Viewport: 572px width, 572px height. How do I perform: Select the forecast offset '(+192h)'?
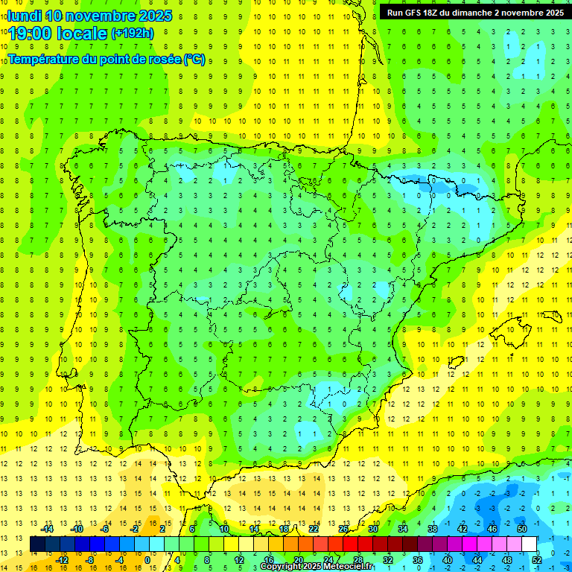click(x=132, y=34)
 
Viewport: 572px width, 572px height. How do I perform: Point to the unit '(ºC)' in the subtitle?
click(x=194, y=59)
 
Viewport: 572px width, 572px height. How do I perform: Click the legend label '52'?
click(x=537, y=559)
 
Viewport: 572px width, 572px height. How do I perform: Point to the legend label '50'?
click(x=521, y=529)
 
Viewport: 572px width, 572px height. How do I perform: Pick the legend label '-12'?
click(x=62, y=559)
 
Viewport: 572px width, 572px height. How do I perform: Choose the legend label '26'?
click(x=343, y=529)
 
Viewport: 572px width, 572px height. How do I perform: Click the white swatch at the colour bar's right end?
click(x=530, y=544)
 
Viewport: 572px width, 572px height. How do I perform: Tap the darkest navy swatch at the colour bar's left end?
click(x=38, y=544)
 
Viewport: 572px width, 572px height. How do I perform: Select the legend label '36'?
click(x=417, y=559)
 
